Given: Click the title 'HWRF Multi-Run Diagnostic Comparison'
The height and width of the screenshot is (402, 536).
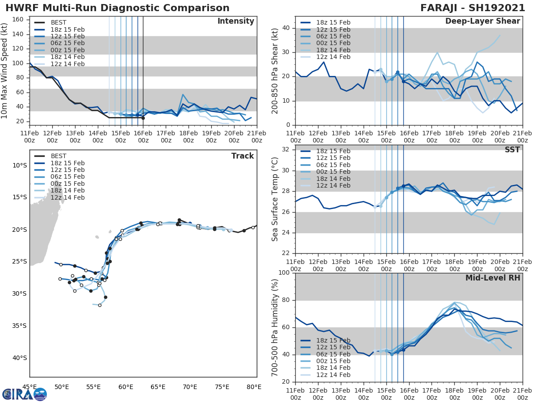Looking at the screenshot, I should [117, 8].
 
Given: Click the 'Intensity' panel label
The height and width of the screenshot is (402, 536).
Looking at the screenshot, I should [235, 21].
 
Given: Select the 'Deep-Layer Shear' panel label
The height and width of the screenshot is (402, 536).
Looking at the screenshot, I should [482, 21].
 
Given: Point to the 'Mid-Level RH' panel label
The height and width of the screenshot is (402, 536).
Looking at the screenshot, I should [493, 278].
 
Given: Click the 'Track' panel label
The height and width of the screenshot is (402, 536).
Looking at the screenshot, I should [243, 156].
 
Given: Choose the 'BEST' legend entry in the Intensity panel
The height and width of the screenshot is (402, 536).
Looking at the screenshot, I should [59, 22].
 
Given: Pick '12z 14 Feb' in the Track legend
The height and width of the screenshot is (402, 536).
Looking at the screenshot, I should [67, 197].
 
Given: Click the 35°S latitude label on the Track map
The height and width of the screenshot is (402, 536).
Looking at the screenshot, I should [19, 326].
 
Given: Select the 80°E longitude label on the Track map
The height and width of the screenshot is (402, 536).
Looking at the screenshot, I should [254, 386].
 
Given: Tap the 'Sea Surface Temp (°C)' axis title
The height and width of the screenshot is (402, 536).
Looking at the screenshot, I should [275, 200].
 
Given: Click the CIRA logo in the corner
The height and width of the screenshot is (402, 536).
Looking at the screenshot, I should [25, 394].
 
